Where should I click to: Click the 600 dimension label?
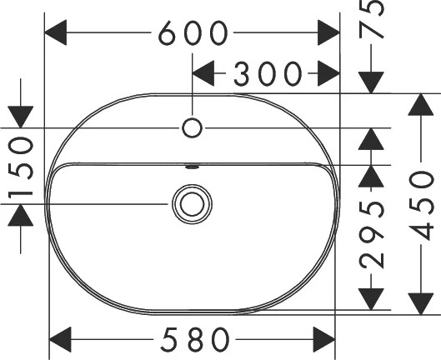[193, 32]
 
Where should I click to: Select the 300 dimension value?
[268, 73]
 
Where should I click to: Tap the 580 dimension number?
[195, 339]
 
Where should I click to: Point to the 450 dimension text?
[420, 206]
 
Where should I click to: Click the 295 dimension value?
[371, 234]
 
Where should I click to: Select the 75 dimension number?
[371, 19]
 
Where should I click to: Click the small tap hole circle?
[192, 128]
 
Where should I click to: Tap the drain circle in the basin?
[193, 204]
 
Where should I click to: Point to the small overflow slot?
[193, 167]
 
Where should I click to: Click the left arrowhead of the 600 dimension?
[56, 32]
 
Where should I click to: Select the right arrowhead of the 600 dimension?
[328, 32]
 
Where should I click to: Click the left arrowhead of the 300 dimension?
[203, 73]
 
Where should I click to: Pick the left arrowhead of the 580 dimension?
[60, 339]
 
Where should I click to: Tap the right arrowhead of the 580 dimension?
[324, 339]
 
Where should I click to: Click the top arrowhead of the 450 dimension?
[420, 104]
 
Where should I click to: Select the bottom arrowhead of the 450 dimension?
[420, 303]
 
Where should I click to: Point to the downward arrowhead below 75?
[371, 82]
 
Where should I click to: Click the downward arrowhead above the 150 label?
[21, 117]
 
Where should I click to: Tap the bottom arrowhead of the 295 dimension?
[371, 299]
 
